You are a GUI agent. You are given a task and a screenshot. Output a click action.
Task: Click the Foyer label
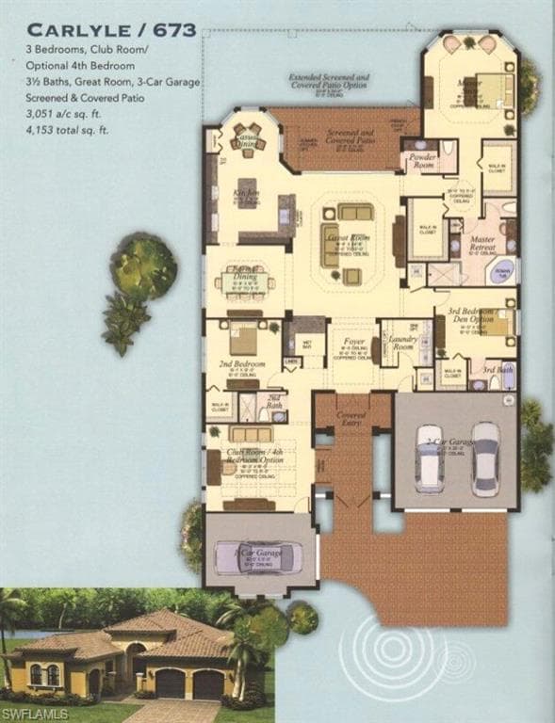point(352,342)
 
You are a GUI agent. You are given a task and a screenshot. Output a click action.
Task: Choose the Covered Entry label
point(351,415)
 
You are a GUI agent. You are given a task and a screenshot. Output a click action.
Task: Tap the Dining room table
point(246,281)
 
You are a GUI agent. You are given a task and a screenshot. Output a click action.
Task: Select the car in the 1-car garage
point(256,557)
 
